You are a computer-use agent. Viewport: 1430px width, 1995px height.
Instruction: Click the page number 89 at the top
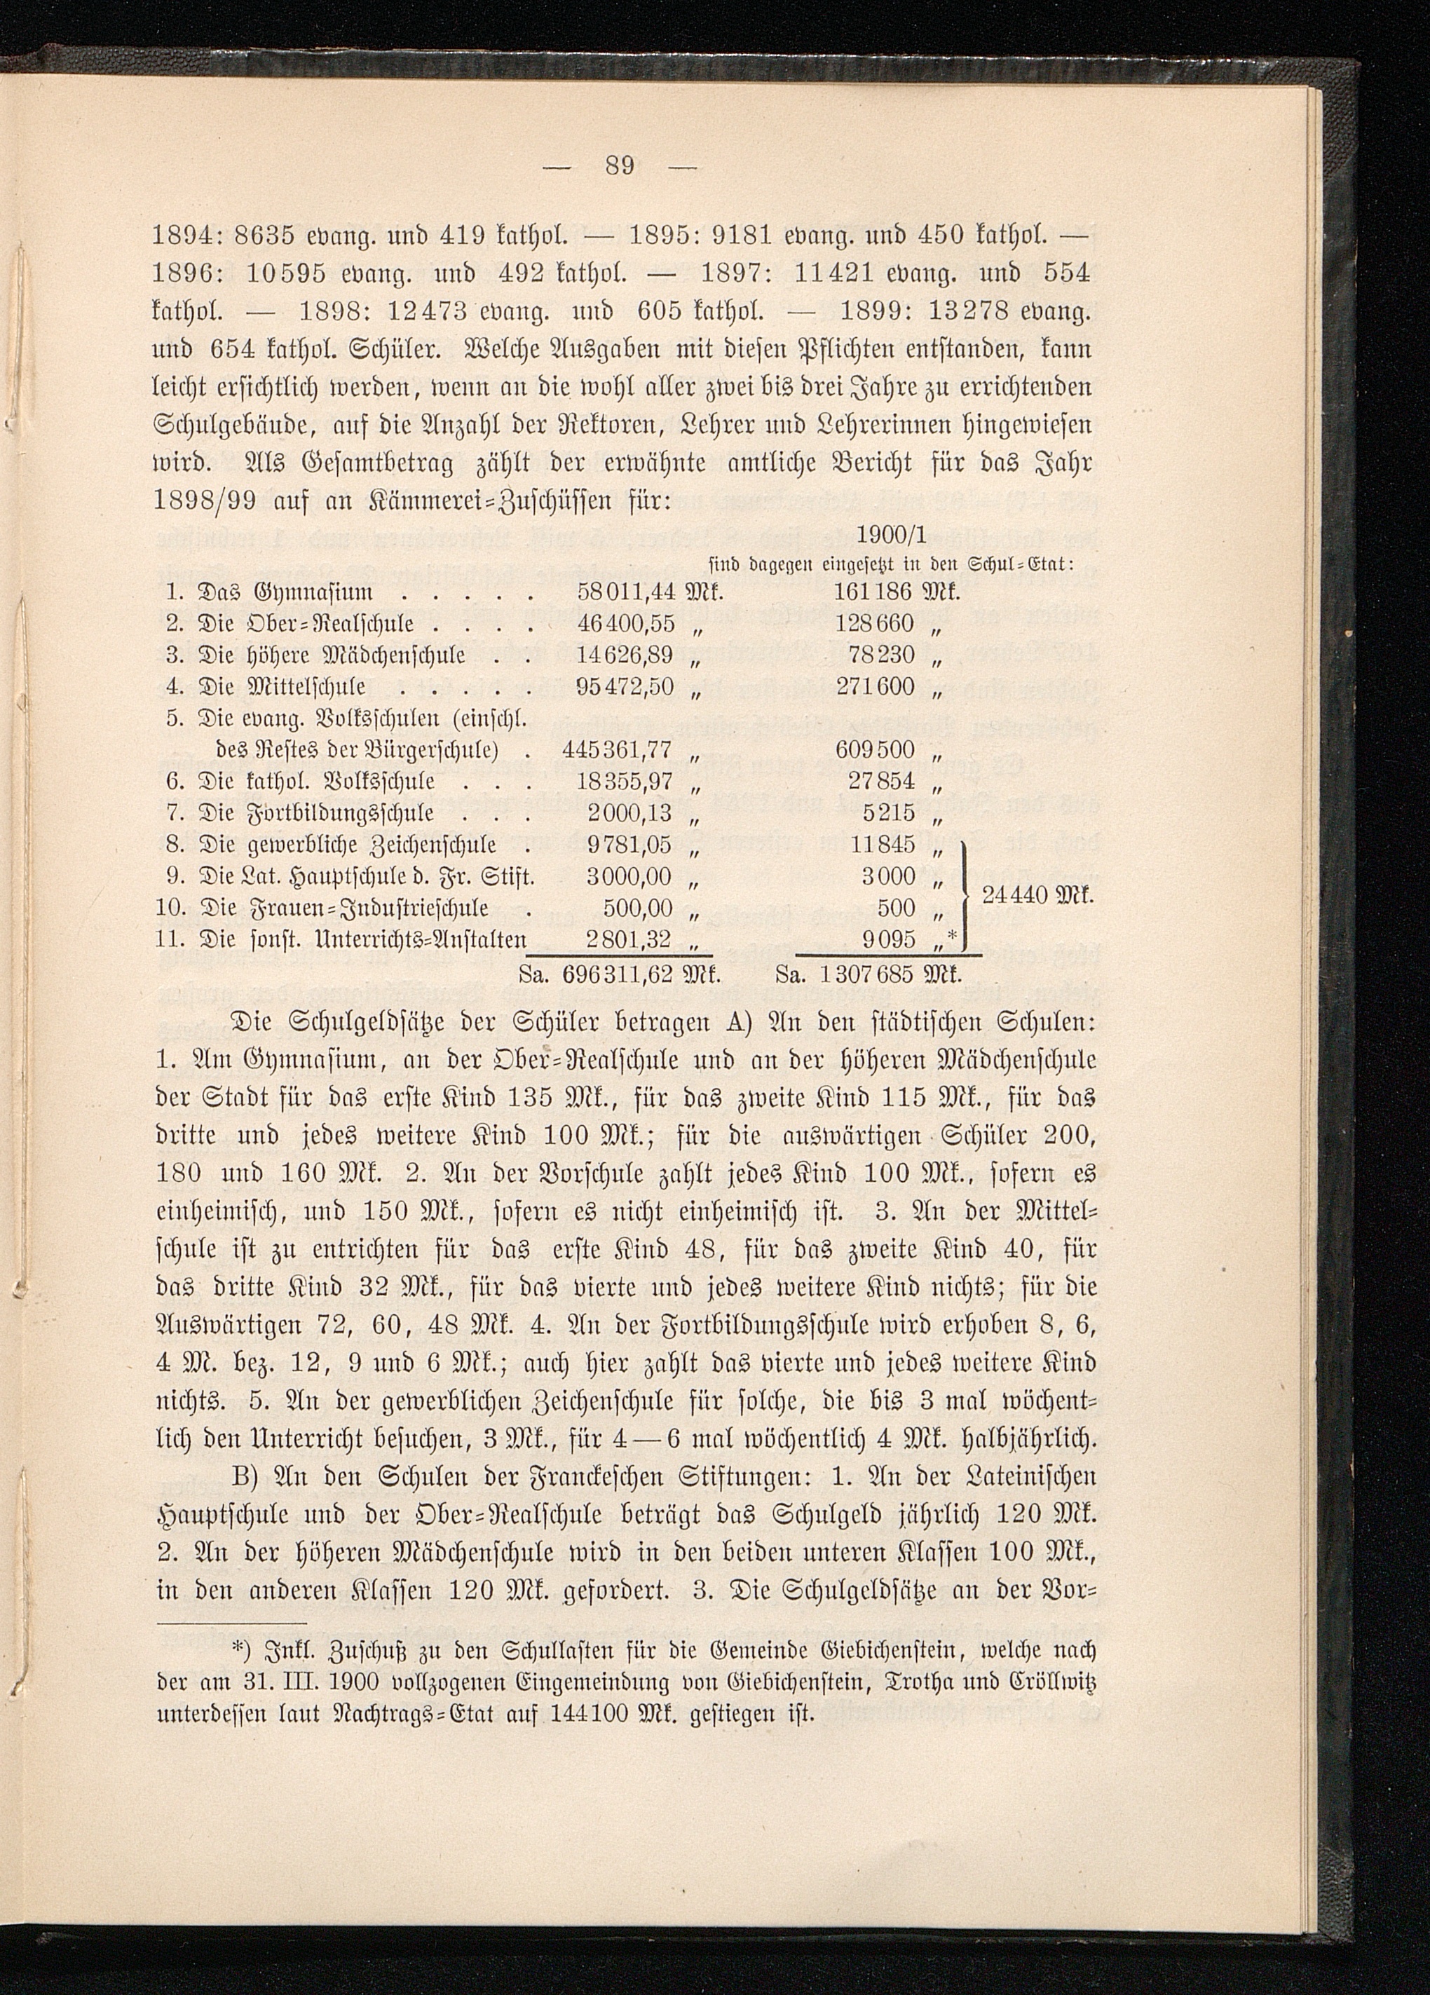tap(620, 165)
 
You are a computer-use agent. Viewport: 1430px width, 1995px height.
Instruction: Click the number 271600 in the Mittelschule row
tap(876, 686)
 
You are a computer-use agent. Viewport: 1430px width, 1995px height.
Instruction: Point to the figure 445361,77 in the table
tap(618, 749)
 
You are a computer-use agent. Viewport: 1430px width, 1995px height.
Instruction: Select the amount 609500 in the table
tap(876, 749)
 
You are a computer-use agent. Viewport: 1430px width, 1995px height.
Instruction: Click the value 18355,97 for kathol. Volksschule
tap(625, 781)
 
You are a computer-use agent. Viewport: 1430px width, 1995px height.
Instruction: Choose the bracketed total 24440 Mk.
tap(1036, 895)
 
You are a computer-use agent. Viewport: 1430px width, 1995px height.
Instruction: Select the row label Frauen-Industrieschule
tap(346, 908)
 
